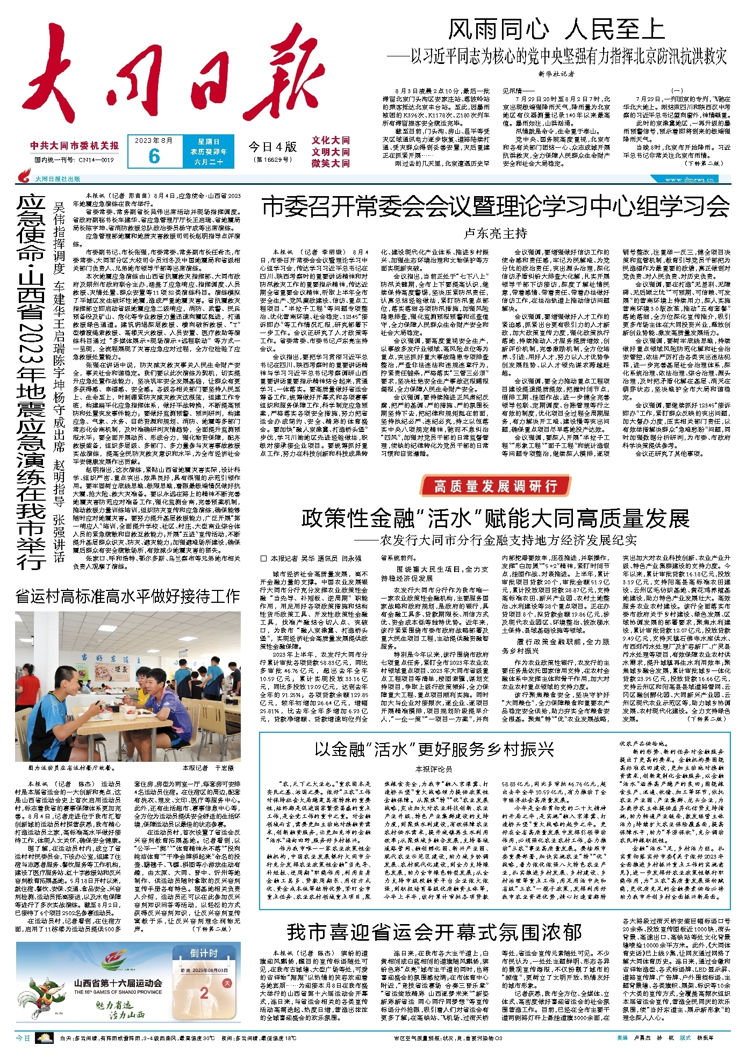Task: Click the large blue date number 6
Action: pyautogui.click(x=154, y=156)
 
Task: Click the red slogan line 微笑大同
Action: pyautogui.click(x=331, y=163)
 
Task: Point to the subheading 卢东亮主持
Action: pyautogui.click(x=495, y=234)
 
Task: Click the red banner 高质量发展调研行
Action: pyautogui.click(x=495, y=486)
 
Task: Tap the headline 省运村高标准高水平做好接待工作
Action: pyautogui.click(x=127, y=596)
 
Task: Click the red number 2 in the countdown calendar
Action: pyautogui.click(x=204, y=993)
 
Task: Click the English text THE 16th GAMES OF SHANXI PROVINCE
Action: pyautogui.click(x=118, y=992)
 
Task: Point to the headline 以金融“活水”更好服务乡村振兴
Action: pyautogui.click(x=434, y=749)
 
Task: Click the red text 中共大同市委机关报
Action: pyautogui.click(x=75, y=146)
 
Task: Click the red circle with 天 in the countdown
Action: pyautogui.click(x=226, y=983)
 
